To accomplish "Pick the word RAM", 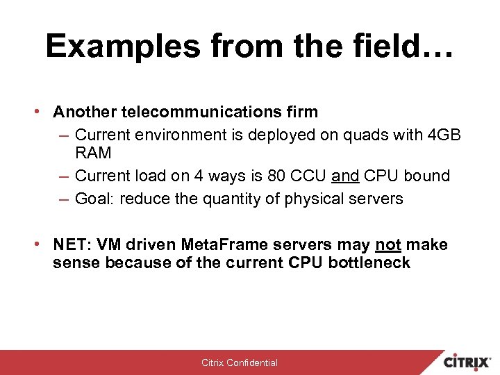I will coord(93,153).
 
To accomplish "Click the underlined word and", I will coord(345,176).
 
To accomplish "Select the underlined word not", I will coord(388,244).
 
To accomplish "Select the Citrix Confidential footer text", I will coord(240,362).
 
